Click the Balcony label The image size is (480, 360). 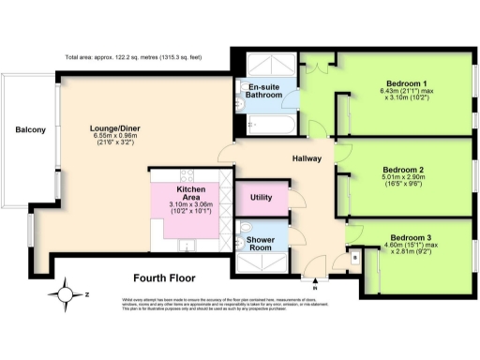coord(29,129)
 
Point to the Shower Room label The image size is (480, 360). coord(260,242)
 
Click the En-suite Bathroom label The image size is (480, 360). coord(263,91)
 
